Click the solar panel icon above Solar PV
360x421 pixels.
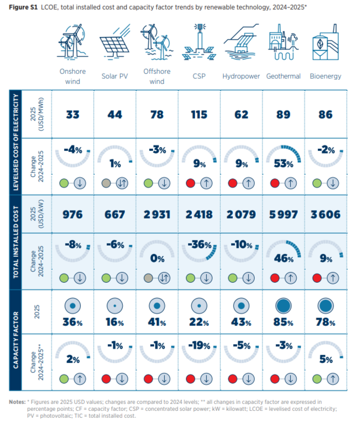[115, 41]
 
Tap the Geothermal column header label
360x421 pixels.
[283, 76]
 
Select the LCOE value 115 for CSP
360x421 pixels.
[199, 115]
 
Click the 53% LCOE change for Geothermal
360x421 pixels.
[283, 164]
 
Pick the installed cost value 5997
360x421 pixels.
[283, 215]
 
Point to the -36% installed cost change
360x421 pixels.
[199, 245]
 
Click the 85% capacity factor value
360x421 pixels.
[283, 322]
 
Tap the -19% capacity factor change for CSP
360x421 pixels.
[199, 346]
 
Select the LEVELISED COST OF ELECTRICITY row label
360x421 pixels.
[16, 142]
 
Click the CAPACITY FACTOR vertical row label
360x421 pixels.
[16, 340]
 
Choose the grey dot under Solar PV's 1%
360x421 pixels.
[106, 183]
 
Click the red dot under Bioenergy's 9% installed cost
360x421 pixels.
[317, 278]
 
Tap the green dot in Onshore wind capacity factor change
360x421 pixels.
[64, 379]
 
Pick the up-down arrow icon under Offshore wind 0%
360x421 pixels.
[164, 278]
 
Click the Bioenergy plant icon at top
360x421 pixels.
[325, 42]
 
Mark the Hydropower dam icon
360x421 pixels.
[241, 41]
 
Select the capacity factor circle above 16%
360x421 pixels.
[115, 306]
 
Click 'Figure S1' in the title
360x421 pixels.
[23, 7]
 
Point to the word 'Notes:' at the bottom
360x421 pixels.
[17, 402]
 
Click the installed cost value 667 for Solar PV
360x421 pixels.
[115, 215]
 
